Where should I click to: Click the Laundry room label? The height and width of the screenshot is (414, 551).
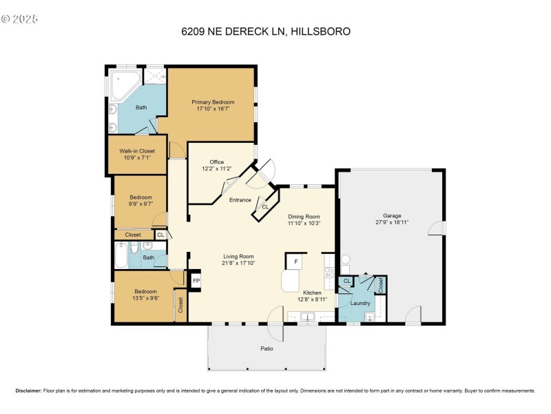360,303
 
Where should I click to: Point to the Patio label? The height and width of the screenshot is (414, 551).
267,348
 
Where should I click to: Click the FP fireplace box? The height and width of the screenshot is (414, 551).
196,281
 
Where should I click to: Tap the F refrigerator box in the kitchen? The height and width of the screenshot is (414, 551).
296,262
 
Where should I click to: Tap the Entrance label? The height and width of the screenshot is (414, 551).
240,200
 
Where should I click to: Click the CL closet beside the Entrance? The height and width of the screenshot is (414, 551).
265,206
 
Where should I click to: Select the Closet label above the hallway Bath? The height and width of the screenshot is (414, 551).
133,235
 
